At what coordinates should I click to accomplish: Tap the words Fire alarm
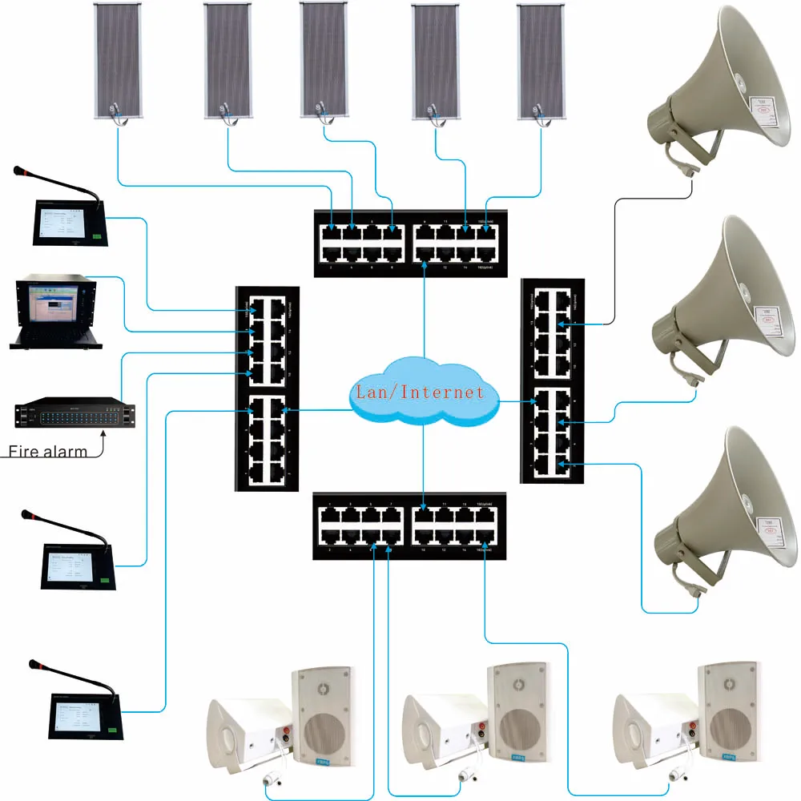[x=47, y=451]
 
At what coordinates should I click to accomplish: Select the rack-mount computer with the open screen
[x=57, y=313]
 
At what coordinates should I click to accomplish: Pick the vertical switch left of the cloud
[x=267, y=388]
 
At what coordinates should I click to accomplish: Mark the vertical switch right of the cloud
[x=552, y=380]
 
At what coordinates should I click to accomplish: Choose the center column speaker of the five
[x=324, y=60]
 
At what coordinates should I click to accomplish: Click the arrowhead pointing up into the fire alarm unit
[x=104, y=433]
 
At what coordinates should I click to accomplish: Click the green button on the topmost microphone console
[x=95, y=236]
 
